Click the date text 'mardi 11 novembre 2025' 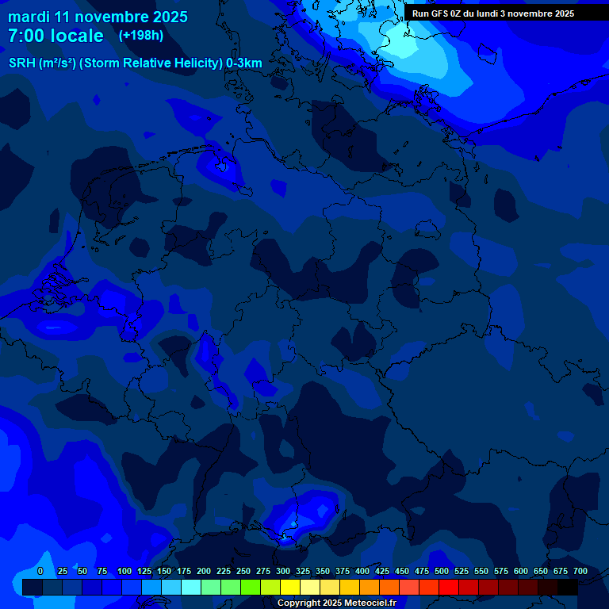(98, 17)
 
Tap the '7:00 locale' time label (56, 36)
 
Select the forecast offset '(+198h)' (141, 36)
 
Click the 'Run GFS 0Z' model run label (437, 13)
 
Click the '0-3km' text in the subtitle (244, 63)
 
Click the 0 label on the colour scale (40, 572)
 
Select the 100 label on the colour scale (124, 572)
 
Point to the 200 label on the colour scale (204, 572)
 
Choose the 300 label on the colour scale (283, 572)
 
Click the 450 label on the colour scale (402, 572)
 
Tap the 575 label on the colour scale (501, 572)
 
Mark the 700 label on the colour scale (580, 572)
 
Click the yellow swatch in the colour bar (290, 587)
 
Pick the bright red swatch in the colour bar (449, 587)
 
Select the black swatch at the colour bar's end (568, 587)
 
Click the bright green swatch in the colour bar (251, 587)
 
